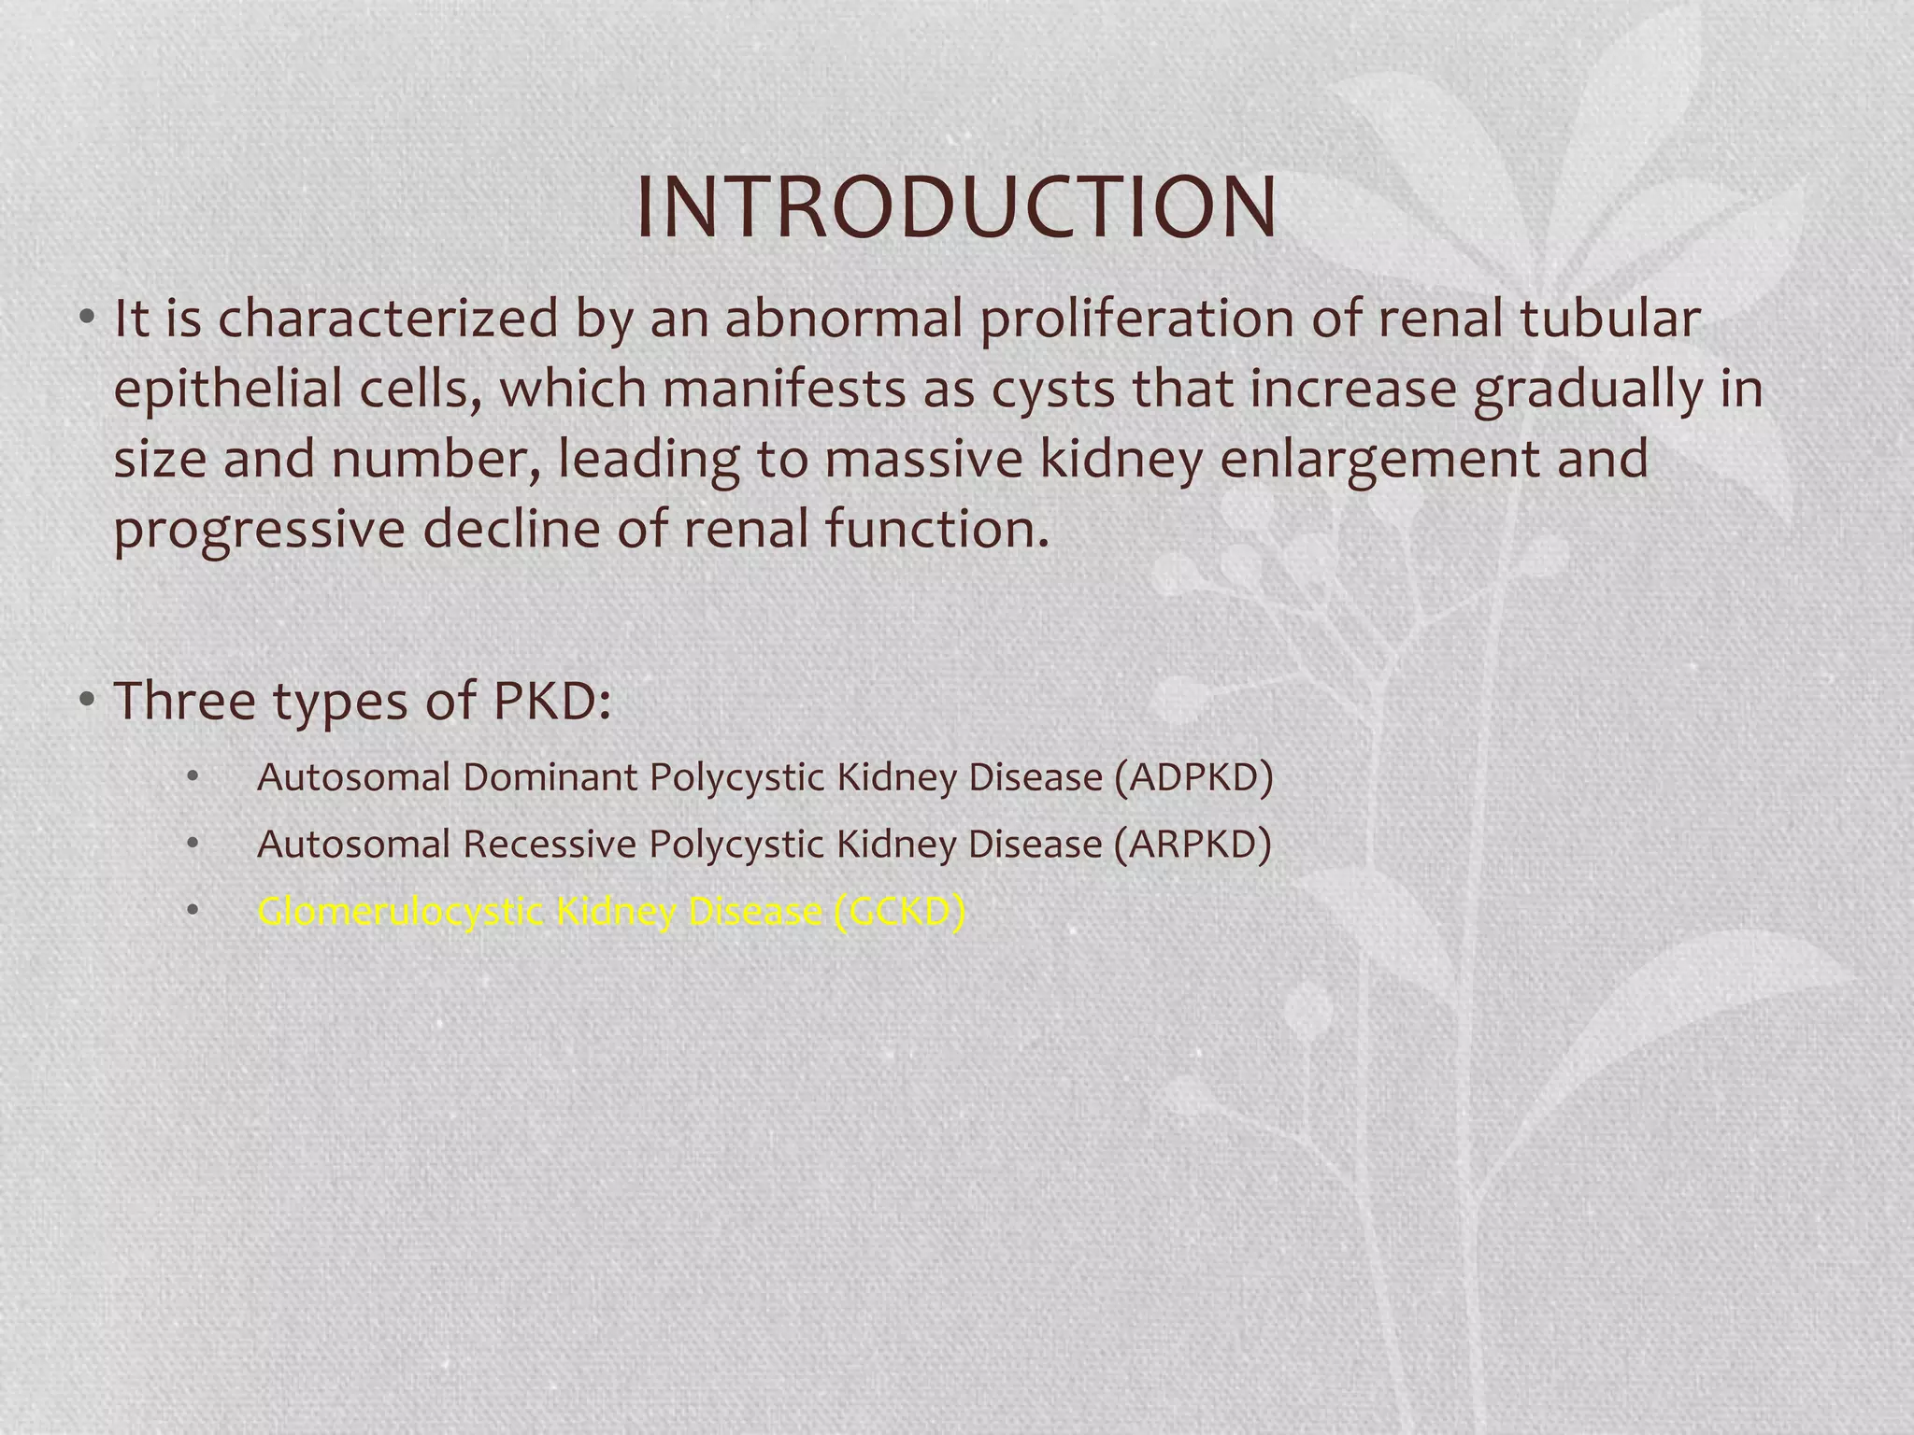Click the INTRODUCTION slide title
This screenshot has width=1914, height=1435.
click(956, 207)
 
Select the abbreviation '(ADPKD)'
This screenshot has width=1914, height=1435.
click(1193, 777)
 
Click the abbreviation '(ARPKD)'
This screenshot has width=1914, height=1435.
click(1193, 845)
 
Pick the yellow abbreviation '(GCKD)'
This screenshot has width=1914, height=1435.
click(898, 912)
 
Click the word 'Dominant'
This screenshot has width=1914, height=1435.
click(550, 777)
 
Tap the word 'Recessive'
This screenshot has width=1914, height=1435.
click(550, 845)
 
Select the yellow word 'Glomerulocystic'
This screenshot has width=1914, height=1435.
click(400, 912)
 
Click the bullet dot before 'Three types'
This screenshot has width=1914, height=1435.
click(87, 699)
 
